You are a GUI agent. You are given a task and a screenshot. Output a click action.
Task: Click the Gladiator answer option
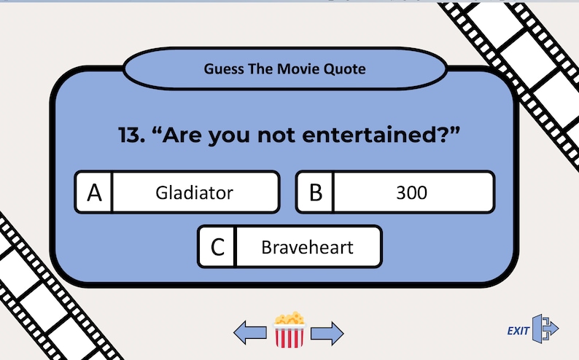click(x=194, y=193)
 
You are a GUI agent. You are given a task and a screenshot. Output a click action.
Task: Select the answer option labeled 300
click(x=412, y=193)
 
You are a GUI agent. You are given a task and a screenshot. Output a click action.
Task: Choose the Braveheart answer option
click(x=307, y=247)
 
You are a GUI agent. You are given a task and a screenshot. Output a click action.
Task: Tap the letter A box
click(x=94, y=193)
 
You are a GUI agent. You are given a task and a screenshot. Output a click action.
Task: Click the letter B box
click(x=315, y=193)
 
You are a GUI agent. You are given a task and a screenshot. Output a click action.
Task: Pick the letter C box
click(x=217, y=247)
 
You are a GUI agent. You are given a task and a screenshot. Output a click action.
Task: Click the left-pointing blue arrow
click(x=249, y=333)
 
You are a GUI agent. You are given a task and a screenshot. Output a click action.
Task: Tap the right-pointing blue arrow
click(x=327, y=333)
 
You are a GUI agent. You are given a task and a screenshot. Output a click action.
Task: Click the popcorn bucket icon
click(x=289, y=330)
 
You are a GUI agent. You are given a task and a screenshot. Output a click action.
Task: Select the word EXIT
click(x=518, y=331)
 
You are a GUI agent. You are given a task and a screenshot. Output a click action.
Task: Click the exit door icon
click(x=545, y=329)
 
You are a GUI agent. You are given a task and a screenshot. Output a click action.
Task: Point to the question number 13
click(x=131, y=136)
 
